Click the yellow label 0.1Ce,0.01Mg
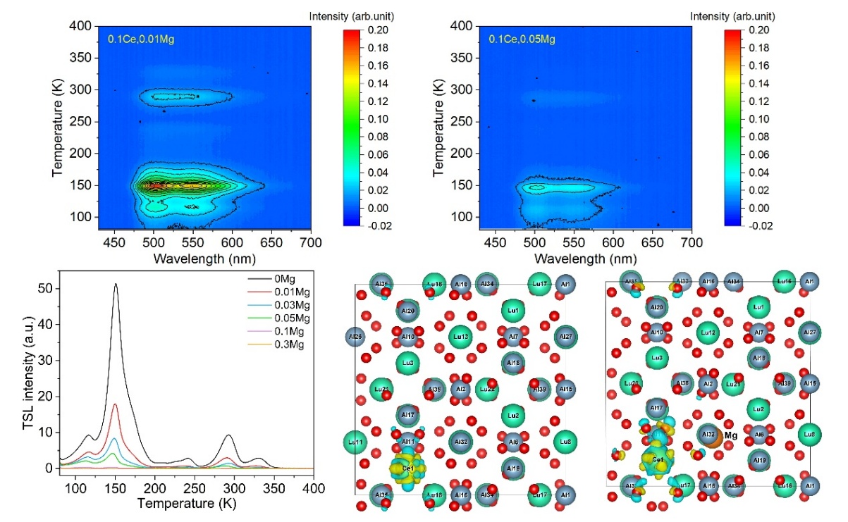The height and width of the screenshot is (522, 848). click(140, 39)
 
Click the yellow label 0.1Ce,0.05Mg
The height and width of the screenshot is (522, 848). click(522, 39)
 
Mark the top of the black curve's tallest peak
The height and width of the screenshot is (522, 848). click(116, 285)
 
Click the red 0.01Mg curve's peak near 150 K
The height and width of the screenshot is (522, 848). click(116, 404)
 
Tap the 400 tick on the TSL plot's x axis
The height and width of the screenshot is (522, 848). click(314, 487)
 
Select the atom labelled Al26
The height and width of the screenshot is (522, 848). click(355, 337)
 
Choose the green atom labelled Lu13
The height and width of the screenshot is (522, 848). click(460, 337)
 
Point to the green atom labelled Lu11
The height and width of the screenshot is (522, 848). click(356, 442)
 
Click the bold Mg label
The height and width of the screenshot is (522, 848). click(730, 436)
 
